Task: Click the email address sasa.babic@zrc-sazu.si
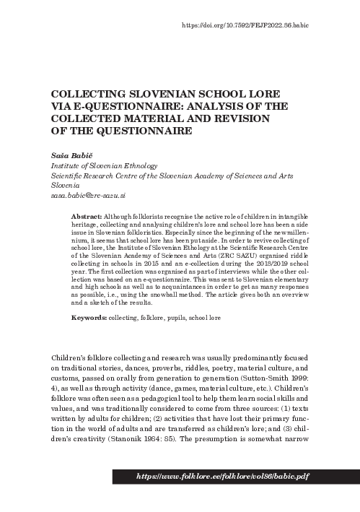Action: point(85,195)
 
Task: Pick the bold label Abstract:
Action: point(87,217)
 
